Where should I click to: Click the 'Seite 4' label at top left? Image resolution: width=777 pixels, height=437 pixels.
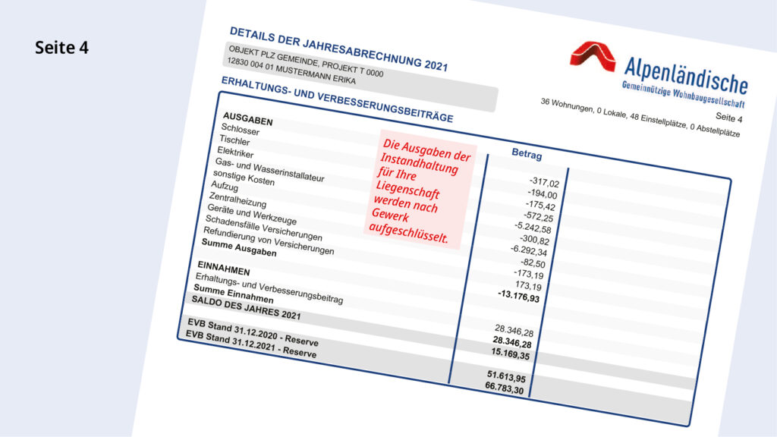pos(61,47)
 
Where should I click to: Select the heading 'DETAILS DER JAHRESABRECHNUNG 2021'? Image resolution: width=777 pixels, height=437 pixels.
pos(338,49)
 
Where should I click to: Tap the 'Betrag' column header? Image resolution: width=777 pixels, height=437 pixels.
pos(527,154)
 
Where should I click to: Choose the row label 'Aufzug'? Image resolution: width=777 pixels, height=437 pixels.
pos(225,187)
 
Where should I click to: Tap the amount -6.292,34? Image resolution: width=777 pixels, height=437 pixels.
pos(529,250)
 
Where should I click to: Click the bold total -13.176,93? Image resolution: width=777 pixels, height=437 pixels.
pos(519,297)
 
